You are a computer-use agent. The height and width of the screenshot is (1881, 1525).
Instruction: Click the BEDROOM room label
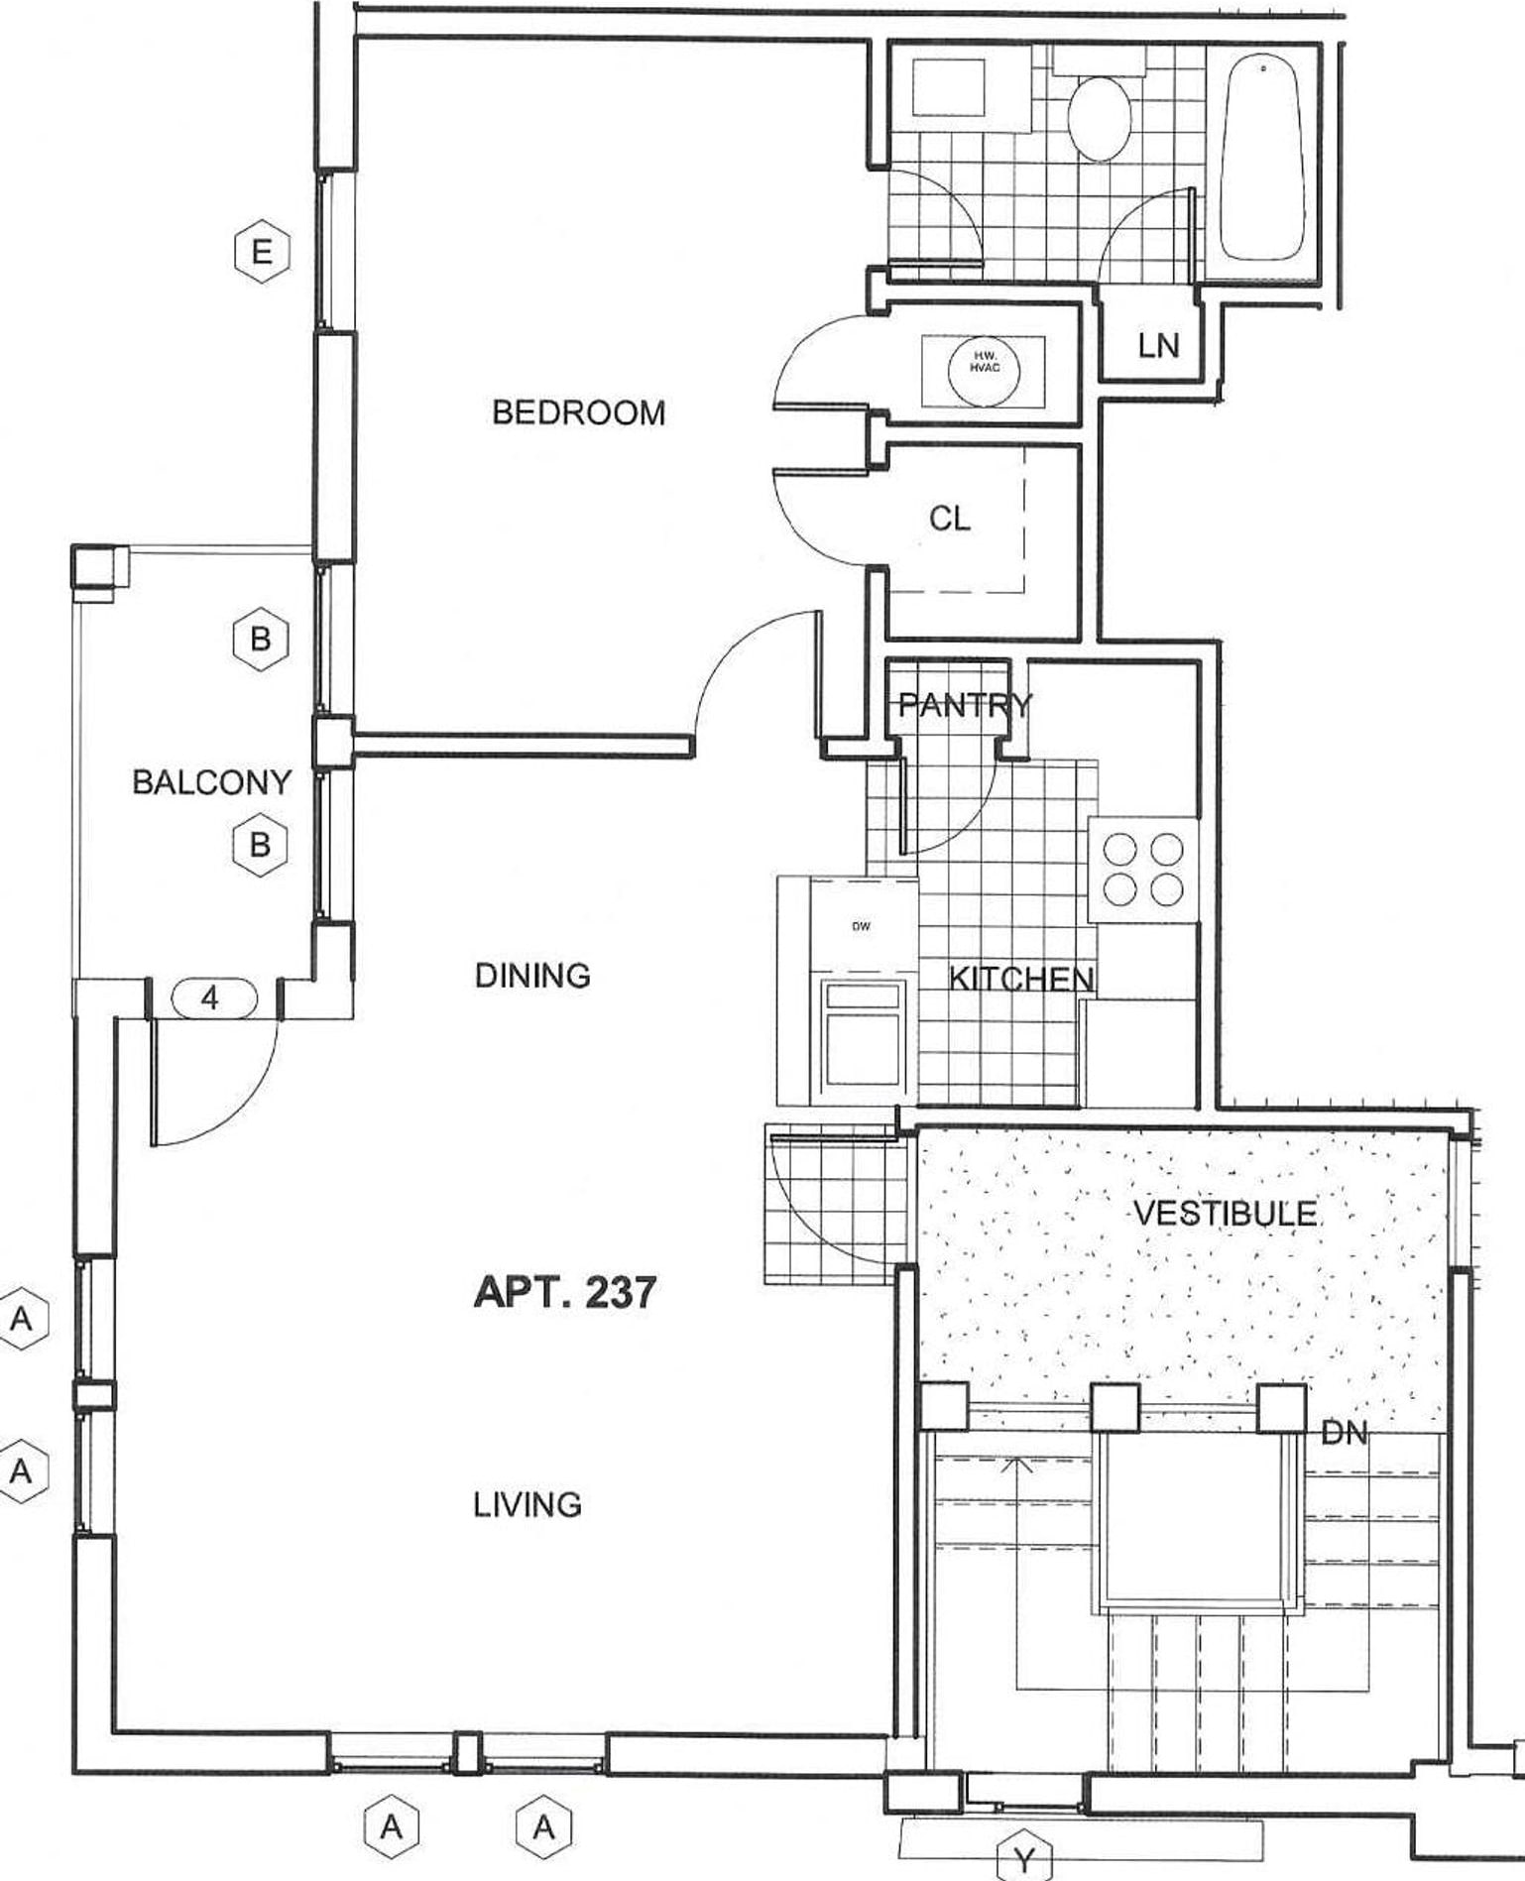[578, 412]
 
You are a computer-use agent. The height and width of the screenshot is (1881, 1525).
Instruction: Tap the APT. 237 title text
[564, 1293]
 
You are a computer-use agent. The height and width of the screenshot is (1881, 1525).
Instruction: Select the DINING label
[532, 976]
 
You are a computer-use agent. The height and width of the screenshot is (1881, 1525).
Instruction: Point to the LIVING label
[527, 1505]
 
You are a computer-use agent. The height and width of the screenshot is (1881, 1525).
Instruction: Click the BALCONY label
[211, 782]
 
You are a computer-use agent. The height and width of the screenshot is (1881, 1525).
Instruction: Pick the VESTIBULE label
[1226, 1213]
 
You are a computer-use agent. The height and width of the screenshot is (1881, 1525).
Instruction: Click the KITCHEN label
[1021, 979]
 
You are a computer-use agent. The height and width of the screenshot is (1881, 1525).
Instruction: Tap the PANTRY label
[964, 705]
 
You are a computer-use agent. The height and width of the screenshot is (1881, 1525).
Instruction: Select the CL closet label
[950, 518]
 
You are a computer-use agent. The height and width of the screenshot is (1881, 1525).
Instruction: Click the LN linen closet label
[1158, 346]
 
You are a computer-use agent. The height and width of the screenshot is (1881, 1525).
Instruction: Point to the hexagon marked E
[262, 252]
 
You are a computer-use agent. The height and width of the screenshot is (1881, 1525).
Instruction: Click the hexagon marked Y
[1023, 1855]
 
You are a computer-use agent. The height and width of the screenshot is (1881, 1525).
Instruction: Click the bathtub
[1262, 159]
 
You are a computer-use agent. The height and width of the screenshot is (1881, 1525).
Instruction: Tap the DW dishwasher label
[861, 926]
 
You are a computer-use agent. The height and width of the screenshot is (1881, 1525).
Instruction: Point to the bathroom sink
[948, 89]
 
